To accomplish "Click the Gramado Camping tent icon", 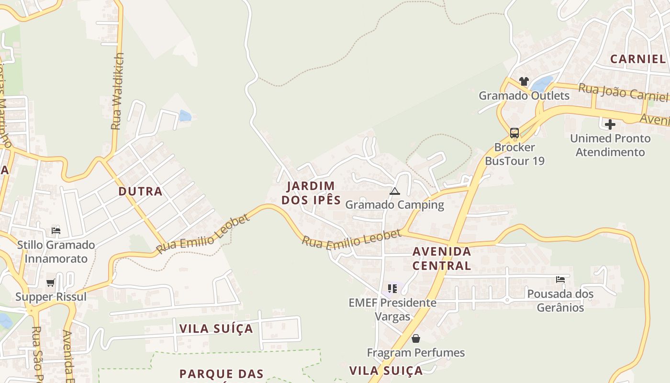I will click(394, 191).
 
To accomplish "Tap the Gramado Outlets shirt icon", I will click(524, 81).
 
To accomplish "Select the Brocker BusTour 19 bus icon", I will click(514, 133).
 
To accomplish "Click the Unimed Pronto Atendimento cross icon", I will click(610, 124).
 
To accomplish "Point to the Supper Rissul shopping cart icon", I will click(51, 283).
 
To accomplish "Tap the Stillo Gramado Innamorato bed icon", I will click(56, 231).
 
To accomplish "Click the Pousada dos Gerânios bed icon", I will click(560, 280).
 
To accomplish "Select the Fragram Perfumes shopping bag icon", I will click(416, 338).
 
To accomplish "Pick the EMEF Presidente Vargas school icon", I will click(392, 289).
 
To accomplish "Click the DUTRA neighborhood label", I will click(140, 191).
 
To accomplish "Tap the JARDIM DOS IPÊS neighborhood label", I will click(311, 193).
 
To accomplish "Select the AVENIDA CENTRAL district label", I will click(442, 259).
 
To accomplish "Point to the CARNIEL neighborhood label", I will click(638, 59).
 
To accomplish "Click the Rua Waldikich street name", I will click(117, 91).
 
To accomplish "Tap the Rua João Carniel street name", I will click(622, 92).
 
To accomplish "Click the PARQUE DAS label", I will click(222, 373).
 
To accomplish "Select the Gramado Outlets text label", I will click(524, 96).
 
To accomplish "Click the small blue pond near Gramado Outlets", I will click(542, 84).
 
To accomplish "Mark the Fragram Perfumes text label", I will click(416, 353).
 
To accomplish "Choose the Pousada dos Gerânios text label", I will click(560, 300).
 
